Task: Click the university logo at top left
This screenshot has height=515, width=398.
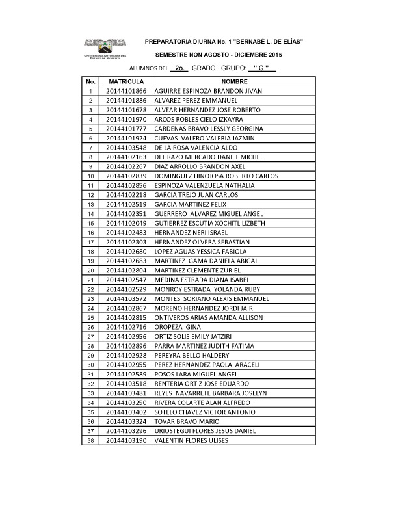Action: (x=104, y=47)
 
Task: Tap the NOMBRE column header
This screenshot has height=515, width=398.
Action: (x=234, y=82)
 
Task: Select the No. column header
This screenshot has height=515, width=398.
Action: (x=90, y=82)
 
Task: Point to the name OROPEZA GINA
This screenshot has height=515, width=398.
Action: (x=173, y=327)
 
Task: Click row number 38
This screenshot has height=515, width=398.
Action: (x=90, y=440)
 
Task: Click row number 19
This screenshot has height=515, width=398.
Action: (x=90, y=261)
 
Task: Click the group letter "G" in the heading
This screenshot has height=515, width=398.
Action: (x=261, y=68)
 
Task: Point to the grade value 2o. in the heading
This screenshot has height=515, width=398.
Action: (x=181, y=68)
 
